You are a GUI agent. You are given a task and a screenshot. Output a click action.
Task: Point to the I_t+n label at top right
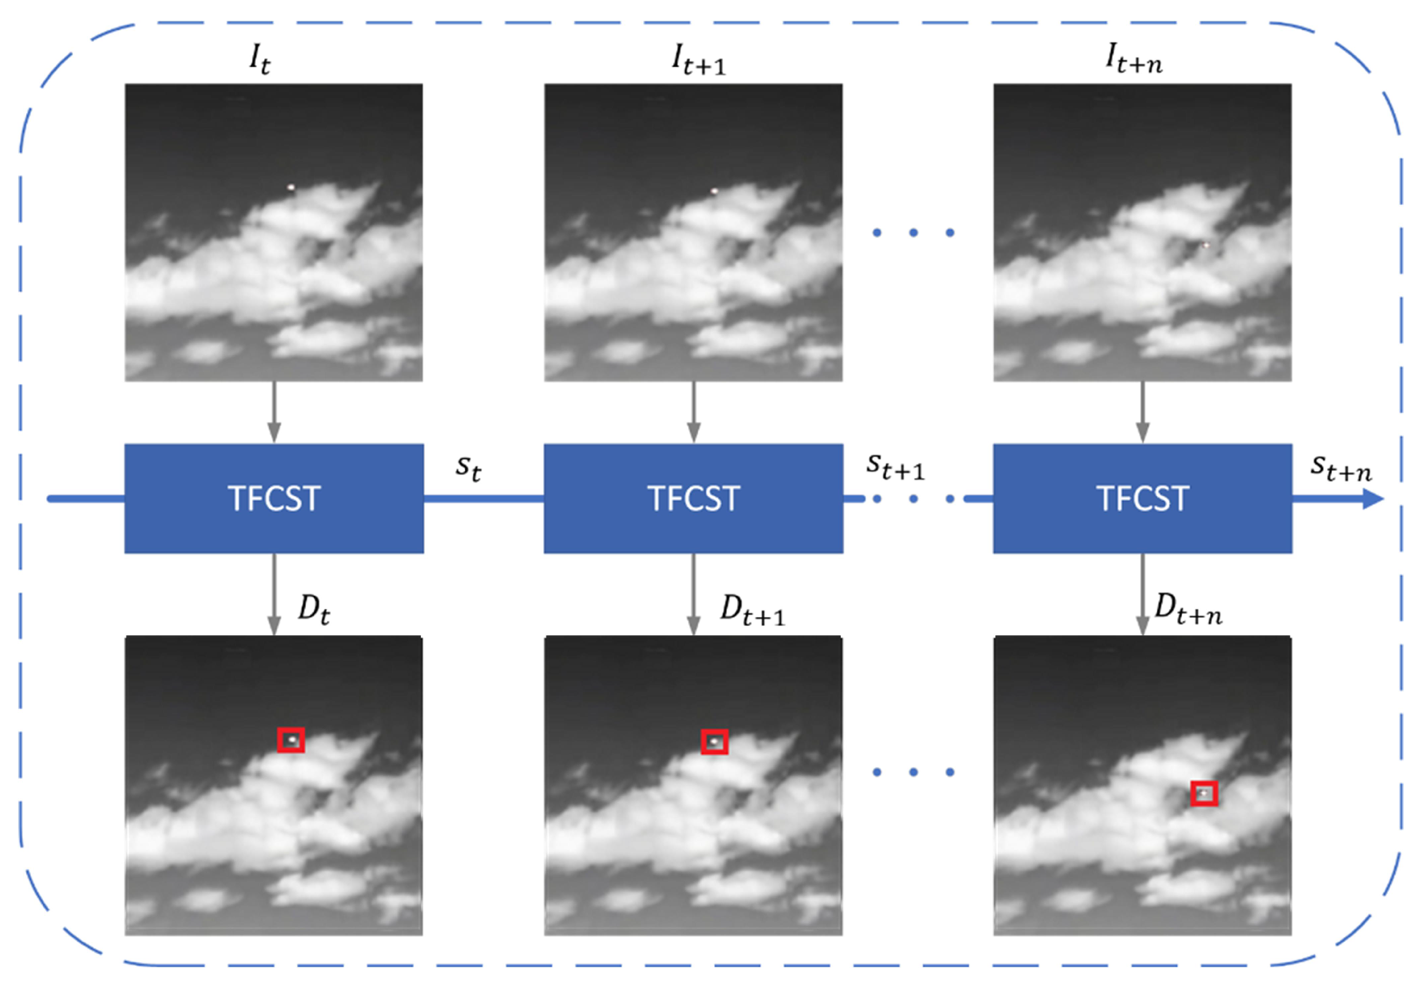[1134, 60]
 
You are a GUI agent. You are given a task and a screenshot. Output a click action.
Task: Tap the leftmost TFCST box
[274, 498]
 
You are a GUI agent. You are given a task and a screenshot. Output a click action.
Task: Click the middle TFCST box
[694, 498]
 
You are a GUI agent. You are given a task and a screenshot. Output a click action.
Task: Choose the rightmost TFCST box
[1142, 498]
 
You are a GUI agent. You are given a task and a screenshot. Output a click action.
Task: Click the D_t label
[314, 609]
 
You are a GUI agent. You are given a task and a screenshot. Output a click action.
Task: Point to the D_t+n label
[1188, 609]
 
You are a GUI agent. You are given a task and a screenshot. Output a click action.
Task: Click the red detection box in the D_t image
[291, 740]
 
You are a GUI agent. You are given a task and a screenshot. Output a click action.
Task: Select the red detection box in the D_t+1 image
[714, 741]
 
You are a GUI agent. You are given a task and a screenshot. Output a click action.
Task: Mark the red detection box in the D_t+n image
[1204, 793]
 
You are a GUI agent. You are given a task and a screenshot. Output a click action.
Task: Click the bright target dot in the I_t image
[291, 186]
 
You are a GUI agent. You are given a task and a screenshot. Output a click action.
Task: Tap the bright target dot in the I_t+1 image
[714, 190]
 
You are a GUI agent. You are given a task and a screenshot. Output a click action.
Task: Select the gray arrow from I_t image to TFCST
[274, 412]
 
